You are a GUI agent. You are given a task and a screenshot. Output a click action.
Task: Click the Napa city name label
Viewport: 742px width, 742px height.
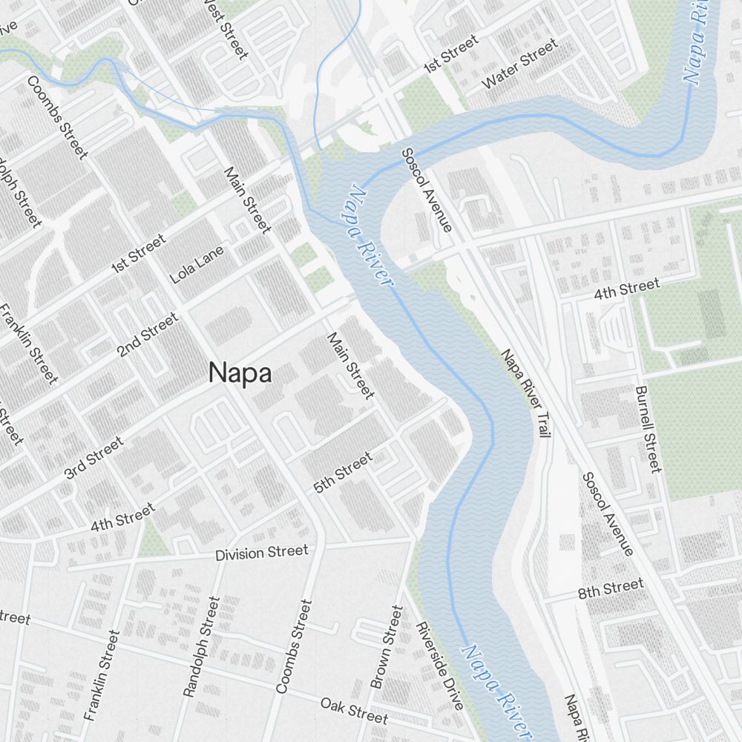(x=240, y=372)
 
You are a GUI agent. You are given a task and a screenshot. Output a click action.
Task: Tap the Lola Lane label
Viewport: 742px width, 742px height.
(x=197, y=265)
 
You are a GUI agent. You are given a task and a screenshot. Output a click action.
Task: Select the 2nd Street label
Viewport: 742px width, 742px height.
(x=148, y=335)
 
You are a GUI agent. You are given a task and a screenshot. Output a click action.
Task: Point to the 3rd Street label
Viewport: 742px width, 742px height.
(x=93, y=458)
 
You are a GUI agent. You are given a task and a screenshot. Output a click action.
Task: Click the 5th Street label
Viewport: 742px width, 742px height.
(x=343, y=473)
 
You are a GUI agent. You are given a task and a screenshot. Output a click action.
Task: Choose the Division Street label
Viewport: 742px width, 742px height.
(x=261, y=553)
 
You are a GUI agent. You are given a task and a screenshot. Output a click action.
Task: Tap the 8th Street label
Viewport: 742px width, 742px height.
(x=611, y=589)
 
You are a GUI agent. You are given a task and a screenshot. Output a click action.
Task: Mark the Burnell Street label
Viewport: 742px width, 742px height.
(x=648, y=429)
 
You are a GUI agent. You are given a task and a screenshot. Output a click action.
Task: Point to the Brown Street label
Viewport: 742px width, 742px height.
(x=387, y=647)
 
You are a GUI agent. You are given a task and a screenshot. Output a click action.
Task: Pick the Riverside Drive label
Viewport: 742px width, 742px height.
(x=440, y=665)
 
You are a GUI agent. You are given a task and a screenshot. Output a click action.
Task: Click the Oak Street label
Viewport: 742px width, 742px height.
(x=354, y=710)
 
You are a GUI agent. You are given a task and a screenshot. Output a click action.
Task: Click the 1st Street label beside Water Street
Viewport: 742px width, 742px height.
(x=450, y=56)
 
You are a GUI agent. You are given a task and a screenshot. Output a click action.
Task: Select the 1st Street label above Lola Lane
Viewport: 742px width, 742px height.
(x=138, y=253)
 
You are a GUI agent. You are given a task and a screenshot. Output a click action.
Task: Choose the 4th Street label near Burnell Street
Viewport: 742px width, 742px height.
(x=626, y=289)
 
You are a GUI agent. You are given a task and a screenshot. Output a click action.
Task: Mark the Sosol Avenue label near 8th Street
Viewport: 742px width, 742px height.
(x=607, y=513)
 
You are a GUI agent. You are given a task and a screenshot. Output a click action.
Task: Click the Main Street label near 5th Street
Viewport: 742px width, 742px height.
(x=350, y=366)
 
